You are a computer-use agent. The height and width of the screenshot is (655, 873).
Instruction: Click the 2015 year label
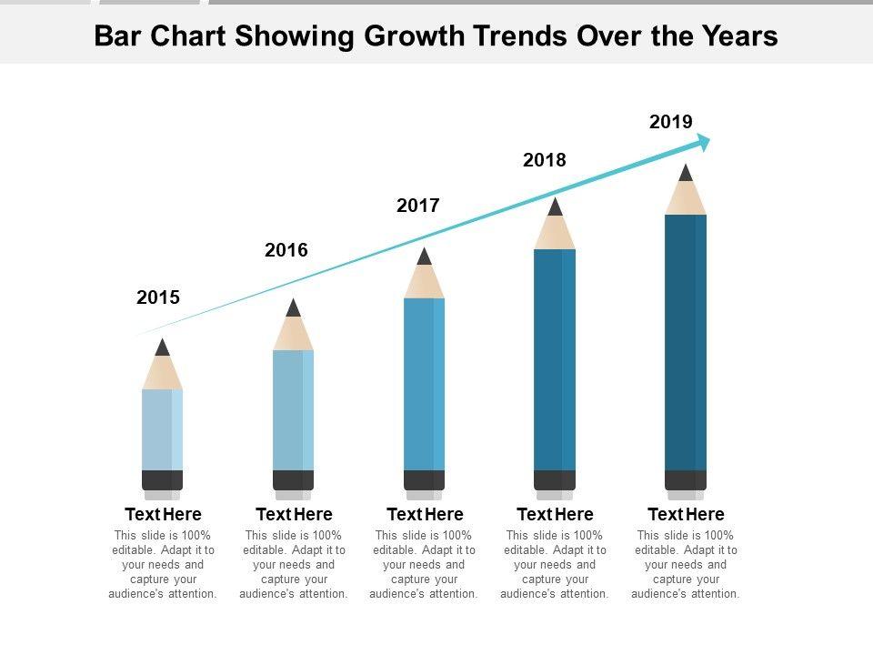(x=158, y=297)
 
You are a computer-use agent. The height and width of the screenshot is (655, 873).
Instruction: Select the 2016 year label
(x=286, y=250)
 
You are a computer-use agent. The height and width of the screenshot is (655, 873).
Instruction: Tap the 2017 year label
(x=418, y=206)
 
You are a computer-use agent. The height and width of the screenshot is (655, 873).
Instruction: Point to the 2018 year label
(x=545, y=161)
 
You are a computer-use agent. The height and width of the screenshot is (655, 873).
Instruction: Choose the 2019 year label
(x=671, y=122)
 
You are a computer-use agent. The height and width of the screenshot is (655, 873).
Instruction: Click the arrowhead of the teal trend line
(x=702, y=141)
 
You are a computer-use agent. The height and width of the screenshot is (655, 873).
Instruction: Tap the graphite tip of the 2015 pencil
(x=163, y=348)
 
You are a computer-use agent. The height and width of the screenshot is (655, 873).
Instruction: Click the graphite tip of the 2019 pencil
(x=686, y=173)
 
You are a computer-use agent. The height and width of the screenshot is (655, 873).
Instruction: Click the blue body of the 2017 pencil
(x=424, y=382)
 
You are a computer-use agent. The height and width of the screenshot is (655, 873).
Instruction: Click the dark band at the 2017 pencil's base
(x=424, y=480)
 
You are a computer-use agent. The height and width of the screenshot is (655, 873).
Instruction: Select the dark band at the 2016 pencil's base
(x=293, y=480)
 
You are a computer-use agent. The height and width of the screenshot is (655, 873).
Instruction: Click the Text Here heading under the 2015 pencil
(x=163, y=515)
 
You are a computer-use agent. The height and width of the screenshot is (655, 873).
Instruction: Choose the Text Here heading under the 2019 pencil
(x=686, y=515)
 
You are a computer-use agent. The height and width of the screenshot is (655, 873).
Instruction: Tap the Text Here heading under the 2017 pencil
(x=425, y=515)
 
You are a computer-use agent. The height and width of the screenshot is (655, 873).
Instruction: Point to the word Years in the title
(x=740, y=36)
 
